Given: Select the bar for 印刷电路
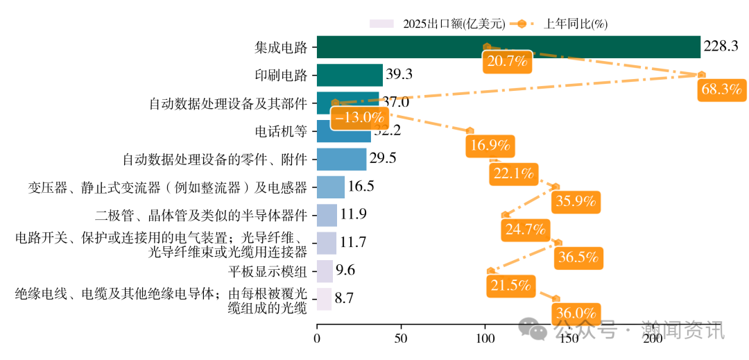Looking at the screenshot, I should click(x=350, y=75).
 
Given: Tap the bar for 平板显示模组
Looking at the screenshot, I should click(x=325, y=271).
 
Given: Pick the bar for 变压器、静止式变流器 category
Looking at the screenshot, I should click(x=330, y=187).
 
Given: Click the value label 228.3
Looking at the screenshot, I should click(x=721, y=46).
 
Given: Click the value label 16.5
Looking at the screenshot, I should click(x=361, y=187).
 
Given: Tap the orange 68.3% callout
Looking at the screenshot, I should click(x=722, y=89).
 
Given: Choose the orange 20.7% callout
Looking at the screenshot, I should click(x=507, y=62).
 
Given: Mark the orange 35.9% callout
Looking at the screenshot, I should click(x=576, y=202).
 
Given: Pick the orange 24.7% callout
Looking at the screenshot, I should click(x=525, y=230).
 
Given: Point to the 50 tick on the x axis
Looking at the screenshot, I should click(x=401, y=339).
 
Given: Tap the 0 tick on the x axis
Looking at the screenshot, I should click(x=317, y=339).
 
